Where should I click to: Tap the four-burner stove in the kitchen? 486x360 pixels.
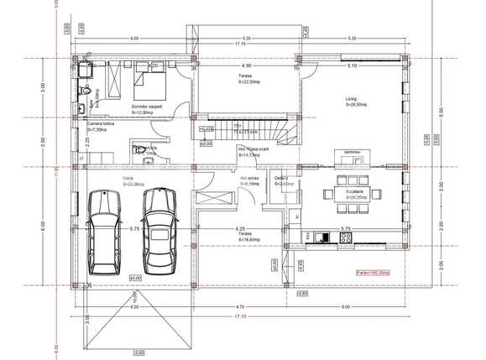point(344,237)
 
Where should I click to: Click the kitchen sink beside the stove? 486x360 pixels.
point(326,237)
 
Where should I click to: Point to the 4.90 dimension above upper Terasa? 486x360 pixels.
point(246,65)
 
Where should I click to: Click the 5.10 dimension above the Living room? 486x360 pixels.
point(351,65)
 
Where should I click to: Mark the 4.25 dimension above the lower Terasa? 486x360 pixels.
point(241,228)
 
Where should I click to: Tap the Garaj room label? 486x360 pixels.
point(128,179)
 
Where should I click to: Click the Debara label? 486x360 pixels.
point(281,178)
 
